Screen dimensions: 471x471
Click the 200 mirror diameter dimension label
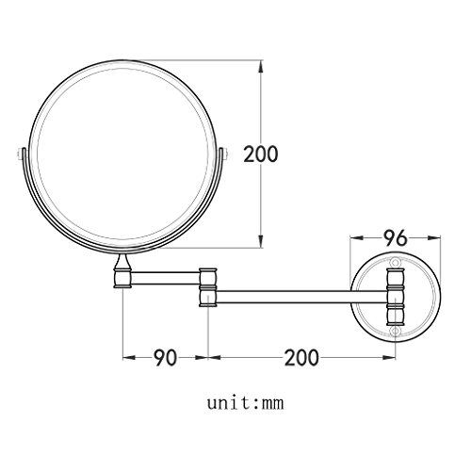(261, 154)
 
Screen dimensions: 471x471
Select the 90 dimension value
(166, 358)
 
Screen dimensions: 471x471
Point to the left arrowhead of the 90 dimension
(126, 358)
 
